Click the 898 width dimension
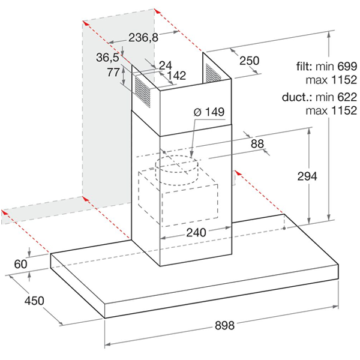click(224, 326)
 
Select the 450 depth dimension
click(34, 301)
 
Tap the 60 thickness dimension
click(20, 264)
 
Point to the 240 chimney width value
click(196, 233)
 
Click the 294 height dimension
click(307, 176)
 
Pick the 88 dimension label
click(257, 144)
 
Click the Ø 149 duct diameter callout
click(209, 112)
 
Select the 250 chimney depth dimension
click(250, 61)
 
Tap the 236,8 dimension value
click(143, 38)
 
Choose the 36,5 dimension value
click(107, 58)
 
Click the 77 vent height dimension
click(113, 72)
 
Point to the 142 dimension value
click(176, 76)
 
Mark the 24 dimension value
click(166, 65)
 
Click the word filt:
click(304, 67)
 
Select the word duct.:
click(297, 97)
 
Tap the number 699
click(347, 67)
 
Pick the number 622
click(347, 97)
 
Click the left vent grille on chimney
click(143, 92)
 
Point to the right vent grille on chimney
click(214, 73)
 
